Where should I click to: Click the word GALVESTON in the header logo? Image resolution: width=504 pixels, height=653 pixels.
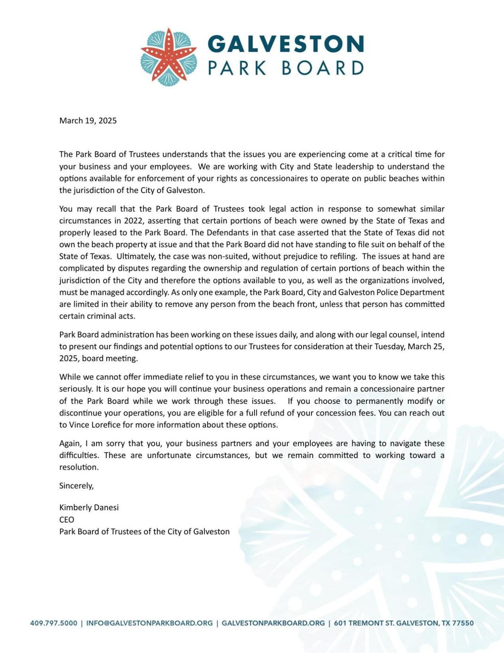(286, 44)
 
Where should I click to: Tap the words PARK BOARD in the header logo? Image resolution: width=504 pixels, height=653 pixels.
(286, 68)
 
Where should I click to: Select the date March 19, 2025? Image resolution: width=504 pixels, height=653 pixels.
(88, 121)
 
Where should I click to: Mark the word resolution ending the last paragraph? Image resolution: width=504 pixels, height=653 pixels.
(79, 467)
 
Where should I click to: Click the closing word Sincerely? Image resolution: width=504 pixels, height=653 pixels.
(76, 485)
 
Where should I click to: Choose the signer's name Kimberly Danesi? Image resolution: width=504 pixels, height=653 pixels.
(89, 507)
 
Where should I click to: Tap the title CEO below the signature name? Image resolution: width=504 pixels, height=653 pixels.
(66, 519)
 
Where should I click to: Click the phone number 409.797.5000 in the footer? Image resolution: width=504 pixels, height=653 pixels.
(54, 623)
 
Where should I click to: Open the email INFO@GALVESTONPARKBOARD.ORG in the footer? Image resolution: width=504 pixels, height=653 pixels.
(149, 623)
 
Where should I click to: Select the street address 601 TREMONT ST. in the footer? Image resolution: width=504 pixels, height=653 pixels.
(364, 623)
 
